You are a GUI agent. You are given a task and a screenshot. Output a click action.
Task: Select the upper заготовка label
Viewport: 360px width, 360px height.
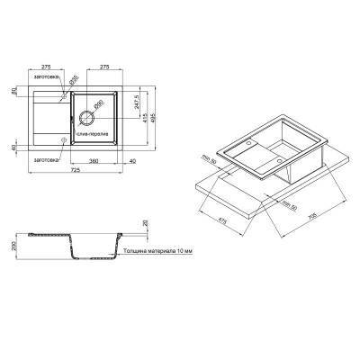click(x=46, y=77)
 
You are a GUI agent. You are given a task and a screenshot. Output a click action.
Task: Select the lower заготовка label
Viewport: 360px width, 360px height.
click(x=46, y=159)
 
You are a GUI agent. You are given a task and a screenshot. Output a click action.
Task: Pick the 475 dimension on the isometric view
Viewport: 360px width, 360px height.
click(x=220, y=216)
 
